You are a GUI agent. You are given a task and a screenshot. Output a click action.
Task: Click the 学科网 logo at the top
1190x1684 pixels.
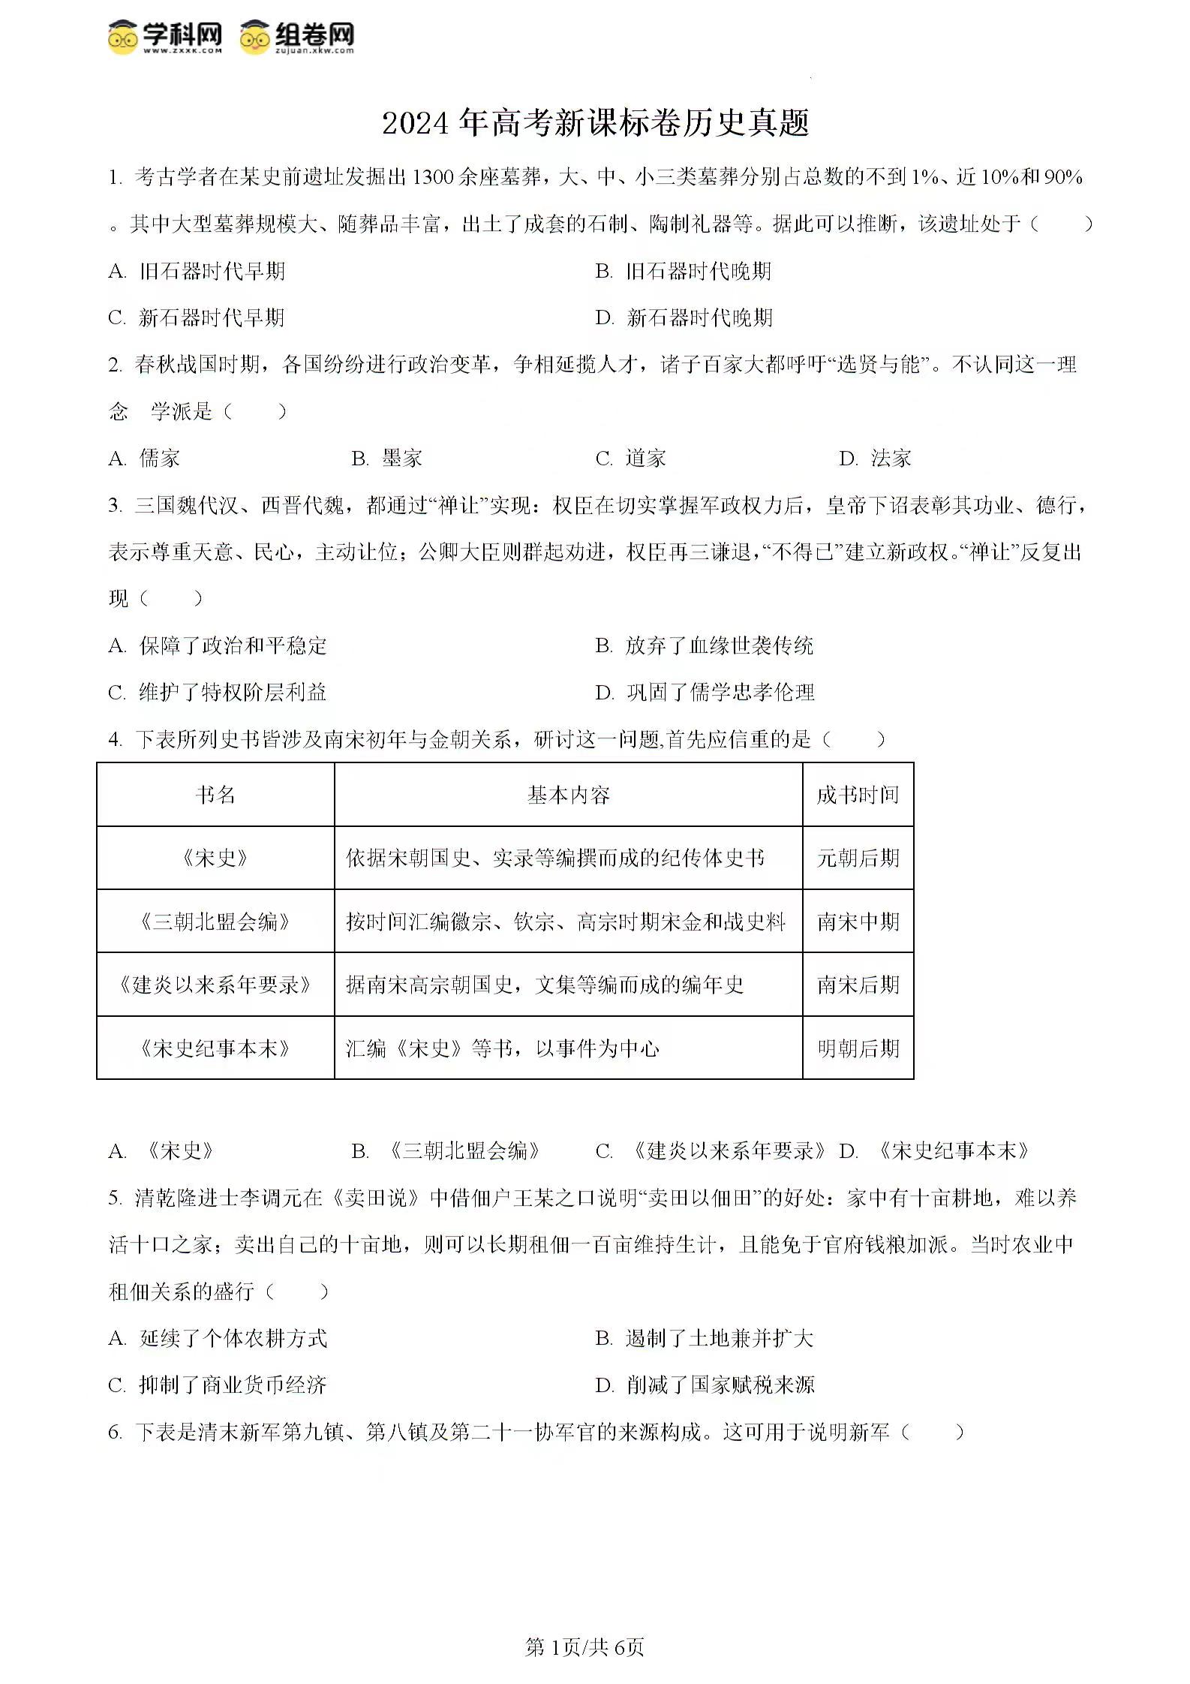[x=165, y=37]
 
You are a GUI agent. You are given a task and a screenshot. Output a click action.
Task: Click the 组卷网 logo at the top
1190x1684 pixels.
[x=297, y=37]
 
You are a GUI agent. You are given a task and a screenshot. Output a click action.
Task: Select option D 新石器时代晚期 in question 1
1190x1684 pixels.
[x=684, y=317]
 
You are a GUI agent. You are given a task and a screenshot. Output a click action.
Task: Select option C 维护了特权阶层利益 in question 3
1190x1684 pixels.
[x=218, y=692]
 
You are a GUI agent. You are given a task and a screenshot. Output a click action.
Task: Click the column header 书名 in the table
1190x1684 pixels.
[x=215, y=795]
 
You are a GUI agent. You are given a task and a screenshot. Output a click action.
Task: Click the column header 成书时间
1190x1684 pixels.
[x=858, y=795]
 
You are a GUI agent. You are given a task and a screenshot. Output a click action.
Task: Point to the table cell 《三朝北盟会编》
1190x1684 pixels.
[x=215, y=922]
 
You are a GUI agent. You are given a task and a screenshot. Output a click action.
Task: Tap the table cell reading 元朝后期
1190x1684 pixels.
[x=858, y=858]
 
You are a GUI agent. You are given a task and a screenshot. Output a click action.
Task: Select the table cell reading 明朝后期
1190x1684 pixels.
[x=858, y=1048]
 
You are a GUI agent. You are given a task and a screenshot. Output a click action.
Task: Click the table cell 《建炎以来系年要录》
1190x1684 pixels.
[x=215, y=985]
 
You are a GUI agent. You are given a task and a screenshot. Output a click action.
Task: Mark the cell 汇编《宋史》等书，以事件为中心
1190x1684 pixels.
[x=503, y=1048]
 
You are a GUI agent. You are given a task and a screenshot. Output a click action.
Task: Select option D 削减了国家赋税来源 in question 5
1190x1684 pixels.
[x=705, y=1385]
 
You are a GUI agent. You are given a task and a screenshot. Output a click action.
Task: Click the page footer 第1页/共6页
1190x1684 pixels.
[x=584, y=1647]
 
